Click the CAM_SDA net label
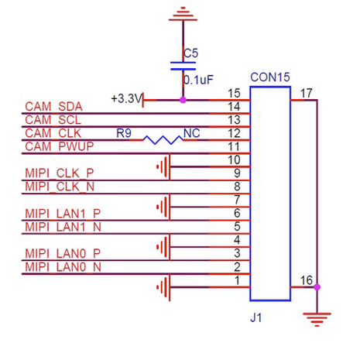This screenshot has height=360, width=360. (x=53, y=107)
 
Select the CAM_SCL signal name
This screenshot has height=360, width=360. (x=53, y=120)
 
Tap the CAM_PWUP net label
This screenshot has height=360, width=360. (x=60, y=146)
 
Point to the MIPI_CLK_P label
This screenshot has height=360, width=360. (x=60, y=173)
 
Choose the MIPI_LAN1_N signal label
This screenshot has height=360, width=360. (x=63, y=227)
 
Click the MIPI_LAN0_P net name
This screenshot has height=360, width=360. (x=63, y=254)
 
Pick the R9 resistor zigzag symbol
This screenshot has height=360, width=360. (x=163, y=140)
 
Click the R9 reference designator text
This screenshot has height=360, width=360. (x=124, y=133)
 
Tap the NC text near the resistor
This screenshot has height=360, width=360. (x=192, y=133)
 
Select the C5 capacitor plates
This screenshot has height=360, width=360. (x=183, y=66)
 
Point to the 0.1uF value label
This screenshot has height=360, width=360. (x=198, y=80)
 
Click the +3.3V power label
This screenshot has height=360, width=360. (x=127, y=98)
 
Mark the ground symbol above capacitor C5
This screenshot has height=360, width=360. (x=183, y=14)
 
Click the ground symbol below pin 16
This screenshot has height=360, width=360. (x=317, y=320)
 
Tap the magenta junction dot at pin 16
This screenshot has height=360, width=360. (x=317, y=287)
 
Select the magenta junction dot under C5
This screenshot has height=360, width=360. (x=183, y=100)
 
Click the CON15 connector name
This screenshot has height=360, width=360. (x=270, y=77)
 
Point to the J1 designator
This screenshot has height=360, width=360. (x=256, y=317)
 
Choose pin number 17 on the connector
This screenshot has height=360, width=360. (x=307, y=93)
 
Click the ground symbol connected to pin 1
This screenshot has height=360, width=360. (x=163, y=287)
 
